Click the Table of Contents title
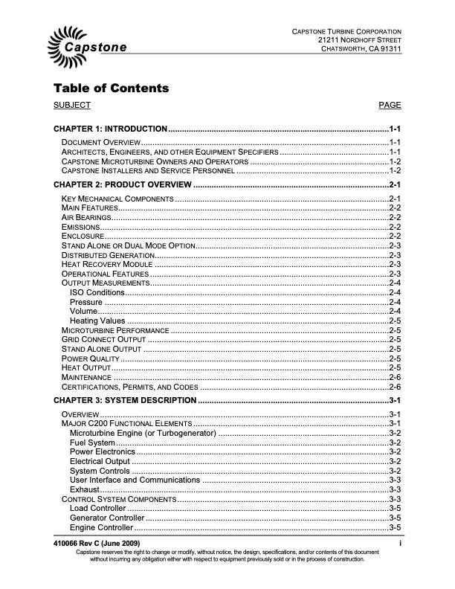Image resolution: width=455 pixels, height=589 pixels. point(111,88)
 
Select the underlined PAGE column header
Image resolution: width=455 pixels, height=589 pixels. point(390,106)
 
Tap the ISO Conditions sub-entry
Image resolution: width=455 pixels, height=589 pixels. point(97,292)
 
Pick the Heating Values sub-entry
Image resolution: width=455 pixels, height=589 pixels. point(97,321)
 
